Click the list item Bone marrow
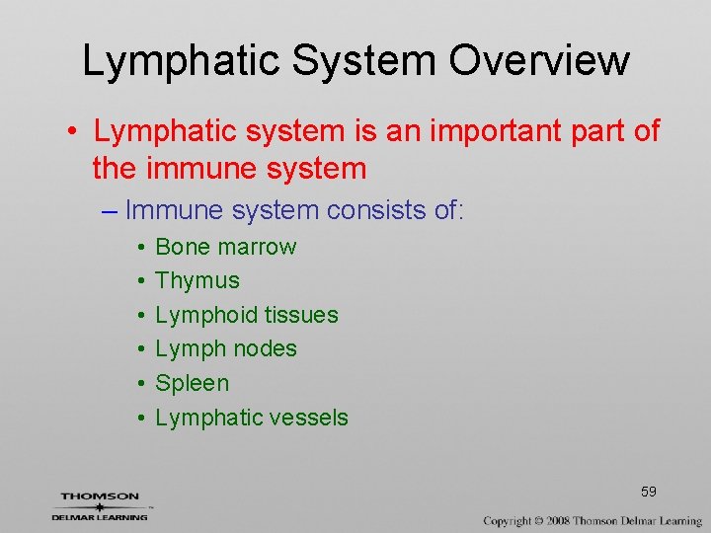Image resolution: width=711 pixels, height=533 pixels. click(x=225, y=247)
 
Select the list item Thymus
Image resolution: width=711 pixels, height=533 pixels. click(x=197, y=281)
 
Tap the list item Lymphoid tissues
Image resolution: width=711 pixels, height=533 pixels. click(x=247, y=315)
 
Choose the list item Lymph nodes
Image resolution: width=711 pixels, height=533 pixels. click(x=226, y=348)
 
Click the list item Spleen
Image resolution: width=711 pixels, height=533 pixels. click(x=192, y=383)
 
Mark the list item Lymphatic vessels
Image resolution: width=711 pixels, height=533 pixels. click(x=252, y=418)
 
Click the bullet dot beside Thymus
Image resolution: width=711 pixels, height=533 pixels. click(x=143, y=281)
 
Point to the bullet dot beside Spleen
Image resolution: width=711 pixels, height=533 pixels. click(x=143, y=384)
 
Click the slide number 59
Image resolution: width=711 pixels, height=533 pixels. click(x=648, y=492)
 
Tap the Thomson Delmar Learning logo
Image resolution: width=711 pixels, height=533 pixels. click(x=100, y=505)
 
